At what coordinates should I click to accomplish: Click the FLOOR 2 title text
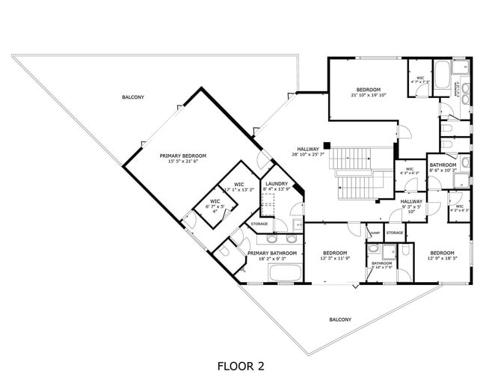[241, 367]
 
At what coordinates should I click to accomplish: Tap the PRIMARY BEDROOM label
[182, 156]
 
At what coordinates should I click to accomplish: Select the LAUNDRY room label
[277, 184]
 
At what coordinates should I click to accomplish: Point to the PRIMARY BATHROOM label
[272, 253]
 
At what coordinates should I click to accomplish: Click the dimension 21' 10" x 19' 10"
[369, 95]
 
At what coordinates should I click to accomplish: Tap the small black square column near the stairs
[327, 145]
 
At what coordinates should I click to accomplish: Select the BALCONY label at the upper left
[133, 97]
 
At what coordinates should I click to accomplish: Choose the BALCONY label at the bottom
[340, 319]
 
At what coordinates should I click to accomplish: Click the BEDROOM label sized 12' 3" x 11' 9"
[334, 253]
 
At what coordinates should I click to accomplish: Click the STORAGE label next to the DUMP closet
[395, 233]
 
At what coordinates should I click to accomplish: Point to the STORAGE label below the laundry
[259, 224]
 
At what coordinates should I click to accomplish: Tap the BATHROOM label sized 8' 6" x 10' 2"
[443, 165]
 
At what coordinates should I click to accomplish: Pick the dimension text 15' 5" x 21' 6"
[182, 161]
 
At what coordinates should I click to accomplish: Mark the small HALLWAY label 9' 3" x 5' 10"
[411, 201]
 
